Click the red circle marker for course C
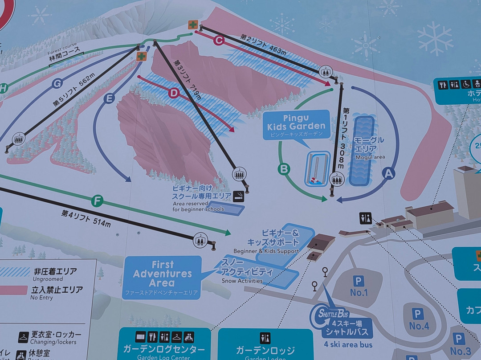tap(218, 41)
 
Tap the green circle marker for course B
tap(284, 169)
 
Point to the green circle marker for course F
tap(97, 201)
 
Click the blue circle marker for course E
tap(109, 99)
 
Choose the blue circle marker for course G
tap(57, 83)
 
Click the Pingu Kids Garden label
tap(296, 122)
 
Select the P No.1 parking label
tap(359, 286)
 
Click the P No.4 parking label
tap(418, 319)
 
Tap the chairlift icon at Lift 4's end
tap(200, 240)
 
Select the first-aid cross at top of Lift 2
tap(193, 25)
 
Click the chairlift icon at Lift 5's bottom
tap(19, 139)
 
